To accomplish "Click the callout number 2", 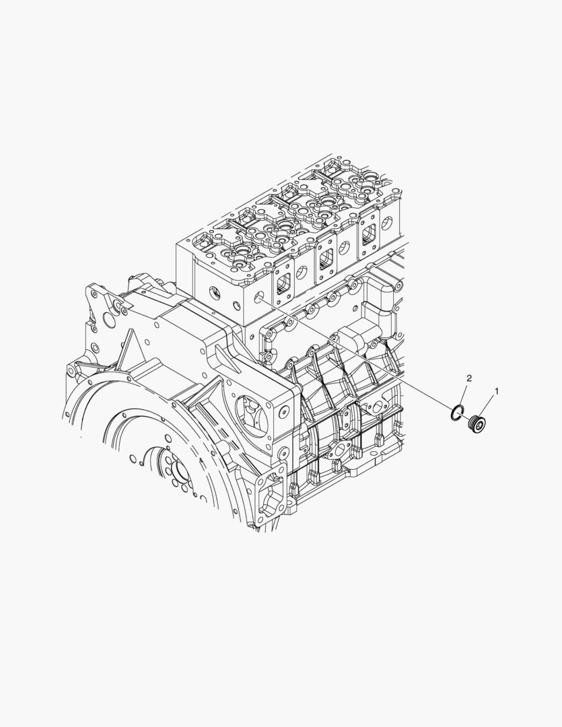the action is (x=469, y=378).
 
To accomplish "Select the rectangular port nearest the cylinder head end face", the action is (x=283, y=282).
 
